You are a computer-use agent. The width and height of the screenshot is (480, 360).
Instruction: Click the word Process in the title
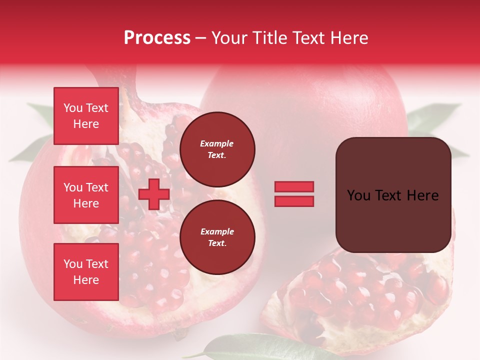[x=157, y=38]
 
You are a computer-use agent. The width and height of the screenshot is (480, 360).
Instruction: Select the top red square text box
[x=86, y=116]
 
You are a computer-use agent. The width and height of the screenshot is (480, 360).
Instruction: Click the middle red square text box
[x=86, y=195]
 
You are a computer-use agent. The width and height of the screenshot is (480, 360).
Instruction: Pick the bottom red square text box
[x=86, y=272]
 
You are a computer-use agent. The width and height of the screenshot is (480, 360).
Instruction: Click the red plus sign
[x=154, y=194]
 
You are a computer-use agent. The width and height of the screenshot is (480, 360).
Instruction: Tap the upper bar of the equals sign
[x=294, y=187]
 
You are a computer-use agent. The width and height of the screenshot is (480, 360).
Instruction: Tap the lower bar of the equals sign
[x=294, y=201]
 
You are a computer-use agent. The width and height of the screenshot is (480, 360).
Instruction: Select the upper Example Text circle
[x=217, y=149]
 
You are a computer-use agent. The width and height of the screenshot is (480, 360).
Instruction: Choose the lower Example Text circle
[x=217, y=237]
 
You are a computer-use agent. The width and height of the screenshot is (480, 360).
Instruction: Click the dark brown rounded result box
[x=393, y=195]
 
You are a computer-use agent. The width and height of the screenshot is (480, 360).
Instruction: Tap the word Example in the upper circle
[x=217, y=143]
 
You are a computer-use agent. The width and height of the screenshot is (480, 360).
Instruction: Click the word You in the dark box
[x=358, y=195]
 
